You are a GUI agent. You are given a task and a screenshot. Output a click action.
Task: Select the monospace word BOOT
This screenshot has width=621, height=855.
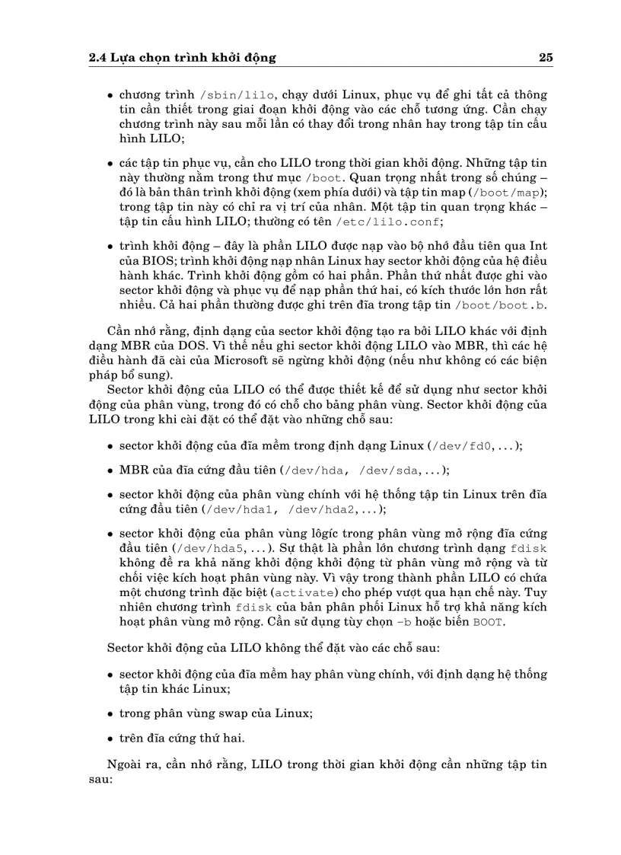(x=489, y=622)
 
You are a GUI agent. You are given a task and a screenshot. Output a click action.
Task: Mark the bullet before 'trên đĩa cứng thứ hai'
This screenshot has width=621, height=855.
(x=111, y=739)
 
